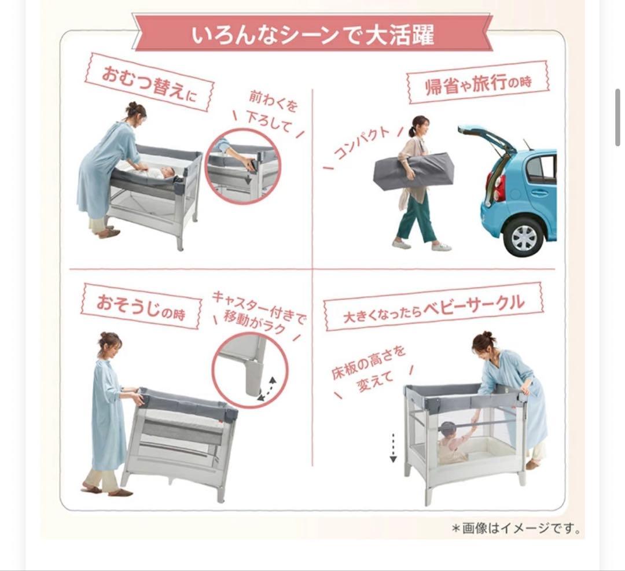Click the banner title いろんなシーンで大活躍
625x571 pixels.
(x=312, y=34)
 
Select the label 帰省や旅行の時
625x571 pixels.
(x=477, y=84)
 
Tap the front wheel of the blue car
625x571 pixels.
(x=523, y=237)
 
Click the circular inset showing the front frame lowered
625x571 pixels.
(x=242, y=167)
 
